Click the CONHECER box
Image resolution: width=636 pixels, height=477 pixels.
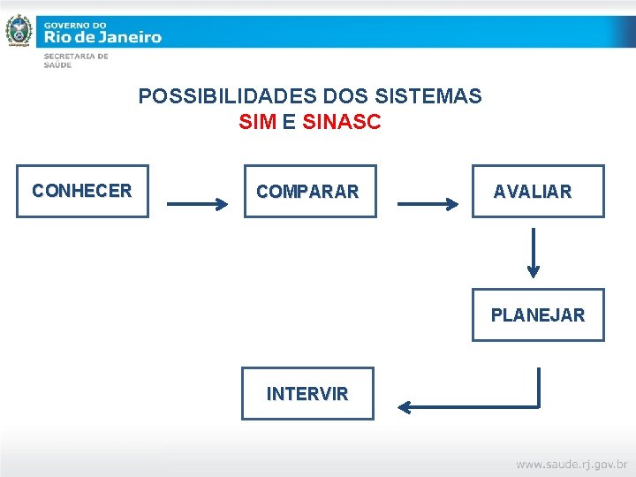coord(82,191)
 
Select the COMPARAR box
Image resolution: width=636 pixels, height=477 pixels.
coord(309,191)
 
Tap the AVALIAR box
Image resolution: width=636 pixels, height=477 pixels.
coord(537,191)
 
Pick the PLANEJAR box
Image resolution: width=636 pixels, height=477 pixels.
coord(537,314)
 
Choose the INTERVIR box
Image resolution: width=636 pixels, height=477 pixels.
coord(307,393)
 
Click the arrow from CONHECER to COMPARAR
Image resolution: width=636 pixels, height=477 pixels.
coord(197,205)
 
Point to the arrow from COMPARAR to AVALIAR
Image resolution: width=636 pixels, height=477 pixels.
coord(428,205)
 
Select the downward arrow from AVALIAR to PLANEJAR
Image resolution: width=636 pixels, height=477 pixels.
coord(533,253)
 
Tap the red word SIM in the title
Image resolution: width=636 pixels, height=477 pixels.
coord(257,123)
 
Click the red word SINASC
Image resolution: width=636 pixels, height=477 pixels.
coord(342,123)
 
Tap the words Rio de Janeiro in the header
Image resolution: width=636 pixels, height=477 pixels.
coord(102,37)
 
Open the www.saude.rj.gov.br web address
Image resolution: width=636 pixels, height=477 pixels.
coord(571,463)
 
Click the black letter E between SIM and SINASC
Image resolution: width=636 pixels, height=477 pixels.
coord(289,123)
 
